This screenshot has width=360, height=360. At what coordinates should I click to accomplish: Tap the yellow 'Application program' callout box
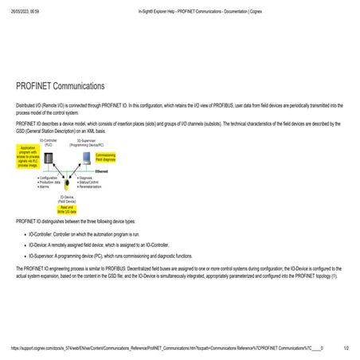[x=28, y=156]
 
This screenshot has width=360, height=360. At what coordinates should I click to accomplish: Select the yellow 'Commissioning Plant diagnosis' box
[x=106, y=158]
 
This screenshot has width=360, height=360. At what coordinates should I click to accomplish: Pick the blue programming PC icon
[x=85, y=157]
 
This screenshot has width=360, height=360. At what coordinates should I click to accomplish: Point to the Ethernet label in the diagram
[x=102, y=172]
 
